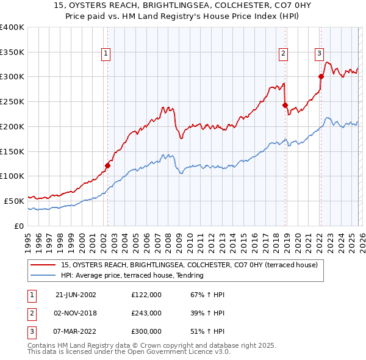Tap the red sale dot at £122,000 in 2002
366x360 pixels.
coord(107,165)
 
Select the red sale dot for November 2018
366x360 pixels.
coord(285,105)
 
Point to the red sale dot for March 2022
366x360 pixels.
coord(321,76)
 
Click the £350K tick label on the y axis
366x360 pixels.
coord(12,52)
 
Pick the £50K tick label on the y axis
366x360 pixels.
coord(14,200)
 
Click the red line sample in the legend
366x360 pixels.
coord(43,265)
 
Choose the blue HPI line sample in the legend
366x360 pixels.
coord(43,275)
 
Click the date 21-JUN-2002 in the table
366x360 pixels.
coord(76,295)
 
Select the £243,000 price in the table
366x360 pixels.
coord(146,313)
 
